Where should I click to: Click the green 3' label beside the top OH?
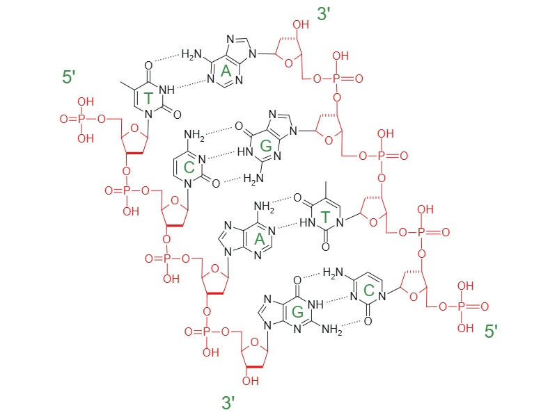coord(324,15)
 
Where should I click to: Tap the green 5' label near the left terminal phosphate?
coord(68,77)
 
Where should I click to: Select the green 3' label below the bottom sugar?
coord(228,403)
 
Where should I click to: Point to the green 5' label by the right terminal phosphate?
coord(491,332)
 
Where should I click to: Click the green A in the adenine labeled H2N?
coord(226,72)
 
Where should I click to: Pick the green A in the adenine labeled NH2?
coord(260,239)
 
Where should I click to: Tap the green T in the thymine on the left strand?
coord(148,98)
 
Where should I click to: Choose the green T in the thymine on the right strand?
coord(325,216)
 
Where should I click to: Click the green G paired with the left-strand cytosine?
coord(266,145)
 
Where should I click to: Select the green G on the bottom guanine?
coord(297,312)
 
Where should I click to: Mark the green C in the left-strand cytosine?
coord(189,167)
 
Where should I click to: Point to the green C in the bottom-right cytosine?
coord(369,291)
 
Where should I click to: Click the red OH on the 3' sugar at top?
coord(301,24)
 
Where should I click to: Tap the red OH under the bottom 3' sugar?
coord(251,381)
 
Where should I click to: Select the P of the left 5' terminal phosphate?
coord(81,119)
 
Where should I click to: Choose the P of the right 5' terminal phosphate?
coord(461,306)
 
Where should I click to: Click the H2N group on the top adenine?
coord(191,55)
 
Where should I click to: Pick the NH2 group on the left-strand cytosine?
coord(194,135)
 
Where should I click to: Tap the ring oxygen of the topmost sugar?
coord(289,63)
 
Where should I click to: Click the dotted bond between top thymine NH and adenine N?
coord(191,84)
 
